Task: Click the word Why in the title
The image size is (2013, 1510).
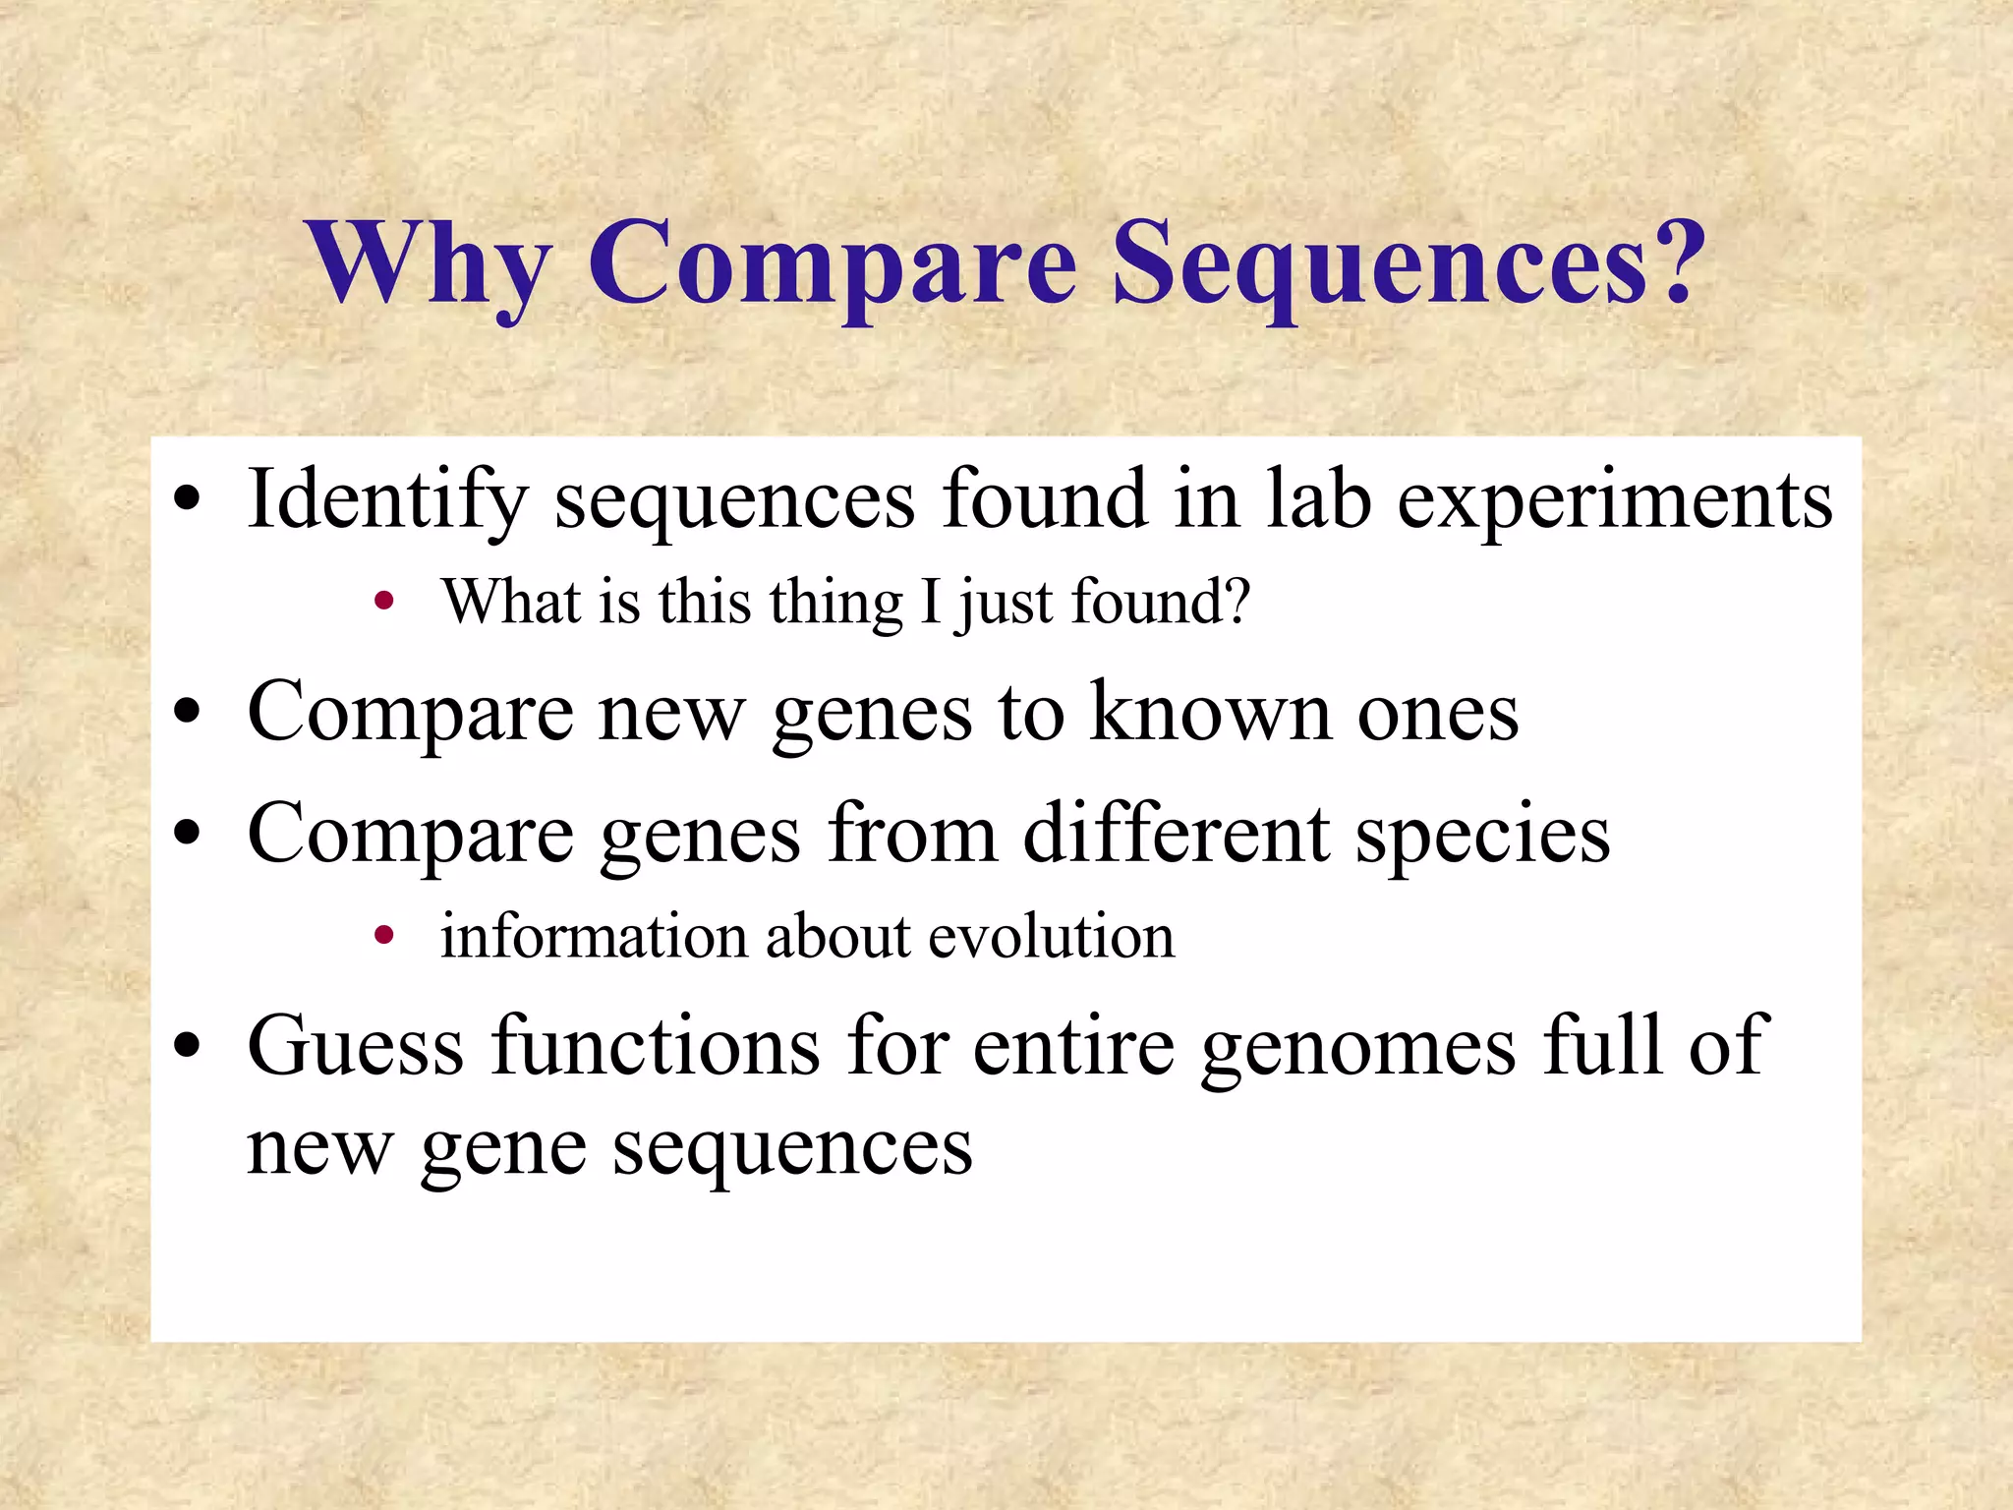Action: pos(429,263)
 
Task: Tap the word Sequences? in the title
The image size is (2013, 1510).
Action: pos(1408,263)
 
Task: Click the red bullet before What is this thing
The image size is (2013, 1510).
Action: pos(384,602)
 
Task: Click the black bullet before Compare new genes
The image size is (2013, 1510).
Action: pos(187,712)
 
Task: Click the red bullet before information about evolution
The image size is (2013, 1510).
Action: pos(384,936)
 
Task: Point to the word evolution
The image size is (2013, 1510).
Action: pos(1051,936)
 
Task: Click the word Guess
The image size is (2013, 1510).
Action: pos(355,1046)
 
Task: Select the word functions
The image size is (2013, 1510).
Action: pos(656,1046)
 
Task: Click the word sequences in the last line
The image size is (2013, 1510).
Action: pos(792,1150)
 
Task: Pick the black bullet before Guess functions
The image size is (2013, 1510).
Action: pos(187,1046)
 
